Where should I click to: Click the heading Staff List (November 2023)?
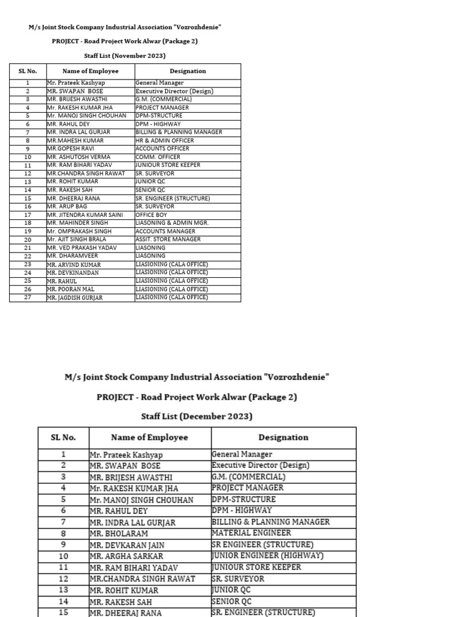click(x=125, y=55)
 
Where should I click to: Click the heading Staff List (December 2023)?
click(x=197, y=416)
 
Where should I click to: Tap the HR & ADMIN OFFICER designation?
click(x=165, y=140)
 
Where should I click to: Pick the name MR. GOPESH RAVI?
click(x=71, y=149)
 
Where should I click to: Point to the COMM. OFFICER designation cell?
click(x=158, y=157)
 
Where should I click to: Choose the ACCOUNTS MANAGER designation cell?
click(x=165, y=231)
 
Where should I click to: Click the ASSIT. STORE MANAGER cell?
click(x=168, y=240)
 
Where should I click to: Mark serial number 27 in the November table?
click(x=28, y=298)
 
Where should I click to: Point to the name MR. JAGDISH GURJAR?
click(x=75, y=298)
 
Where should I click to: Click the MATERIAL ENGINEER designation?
click(x=251, y=533)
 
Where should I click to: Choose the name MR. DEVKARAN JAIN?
click(x=127, y=545)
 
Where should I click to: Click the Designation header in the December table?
click(x=283, y=437)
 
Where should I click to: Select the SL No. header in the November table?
click(x=28, y=71)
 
